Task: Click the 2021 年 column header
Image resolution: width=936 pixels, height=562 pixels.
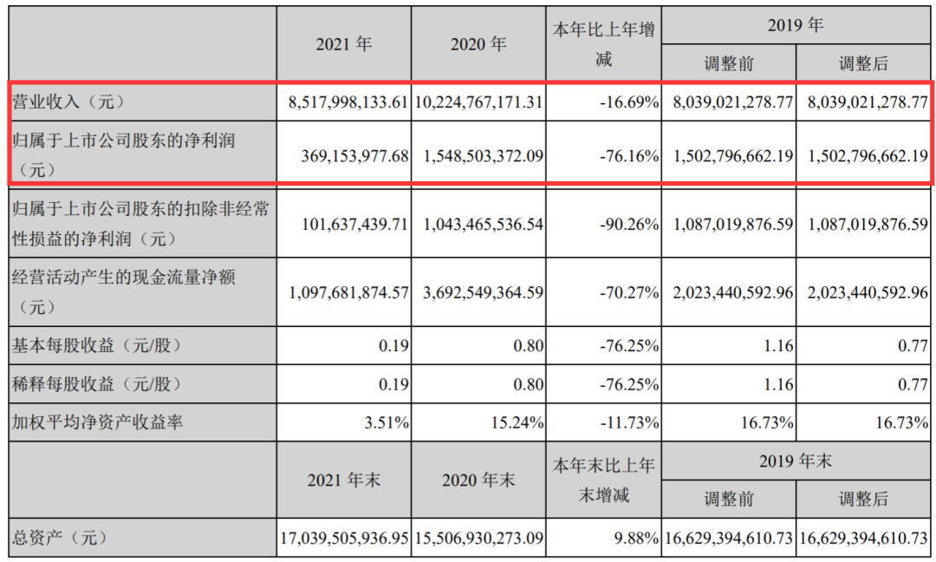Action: (344, 43)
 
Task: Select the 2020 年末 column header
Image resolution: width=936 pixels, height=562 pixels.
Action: (478, 480)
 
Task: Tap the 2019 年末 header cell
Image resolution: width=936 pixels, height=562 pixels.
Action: (795, 461)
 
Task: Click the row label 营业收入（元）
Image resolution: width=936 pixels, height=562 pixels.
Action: (68, 101)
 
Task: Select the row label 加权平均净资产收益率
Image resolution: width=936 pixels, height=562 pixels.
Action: (99, 422)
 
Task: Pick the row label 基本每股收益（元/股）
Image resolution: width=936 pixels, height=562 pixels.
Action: (97, 345)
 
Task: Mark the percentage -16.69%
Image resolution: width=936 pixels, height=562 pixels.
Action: (629, 101)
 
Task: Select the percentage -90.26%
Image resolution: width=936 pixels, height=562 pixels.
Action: (629, 224)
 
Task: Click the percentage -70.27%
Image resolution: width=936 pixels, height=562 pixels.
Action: (629, 293)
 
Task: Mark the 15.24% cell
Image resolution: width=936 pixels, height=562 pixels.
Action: (517, 422)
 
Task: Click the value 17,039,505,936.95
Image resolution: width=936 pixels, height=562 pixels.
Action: (344, 538)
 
